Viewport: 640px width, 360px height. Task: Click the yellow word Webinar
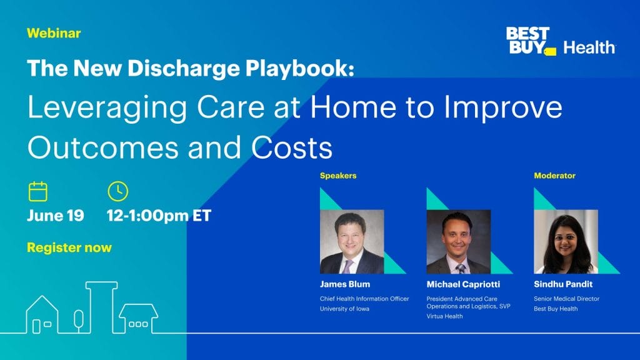tap(54, 33)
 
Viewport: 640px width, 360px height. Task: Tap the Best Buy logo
tap(531, 41)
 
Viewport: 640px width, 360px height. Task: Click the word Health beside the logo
tap(589, 47)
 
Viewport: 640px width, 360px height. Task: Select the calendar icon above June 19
tap(38, 191)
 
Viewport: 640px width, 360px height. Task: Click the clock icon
tap(118, 191)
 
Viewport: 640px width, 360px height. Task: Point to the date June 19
tap(56, 216)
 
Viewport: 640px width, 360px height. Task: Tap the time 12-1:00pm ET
tap(159, 216)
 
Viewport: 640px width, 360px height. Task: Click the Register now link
tap(69, 247)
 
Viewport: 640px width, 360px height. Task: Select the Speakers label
tap(338, 176)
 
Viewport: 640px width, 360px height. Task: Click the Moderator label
tap(555, 176)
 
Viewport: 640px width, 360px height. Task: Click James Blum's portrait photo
tap(352, 242)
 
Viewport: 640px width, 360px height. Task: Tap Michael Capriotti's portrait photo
tap(459, 242)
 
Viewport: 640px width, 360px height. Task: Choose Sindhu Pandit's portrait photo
tap(566, 242)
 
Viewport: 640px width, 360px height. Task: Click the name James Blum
tap(345, 284)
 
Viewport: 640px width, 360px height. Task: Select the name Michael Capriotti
tap(463, 284)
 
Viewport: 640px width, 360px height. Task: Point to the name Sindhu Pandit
tap(563, 284)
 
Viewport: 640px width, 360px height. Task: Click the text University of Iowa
tap(344, 309)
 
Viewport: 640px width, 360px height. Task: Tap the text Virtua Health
tap(444, 316)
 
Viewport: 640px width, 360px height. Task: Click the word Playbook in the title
tap(299, 68)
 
